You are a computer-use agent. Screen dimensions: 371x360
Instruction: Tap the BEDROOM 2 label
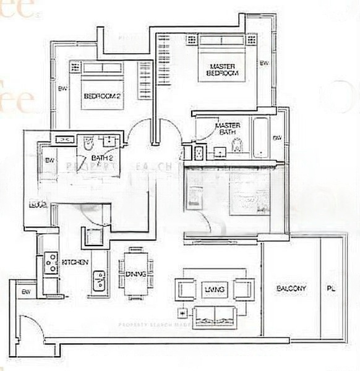101,96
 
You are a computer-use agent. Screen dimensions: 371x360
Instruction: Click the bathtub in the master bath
260,137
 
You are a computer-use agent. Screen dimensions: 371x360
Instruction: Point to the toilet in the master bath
236,145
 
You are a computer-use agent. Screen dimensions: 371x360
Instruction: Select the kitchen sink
98,281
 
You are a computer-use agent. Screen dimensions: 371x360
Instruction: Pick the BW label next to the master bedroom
264,64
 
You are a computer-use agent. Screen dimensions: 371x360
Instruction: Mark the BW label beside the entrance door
26,291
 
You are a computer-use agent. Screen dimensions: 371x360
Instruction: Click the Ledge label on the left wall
33,204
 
